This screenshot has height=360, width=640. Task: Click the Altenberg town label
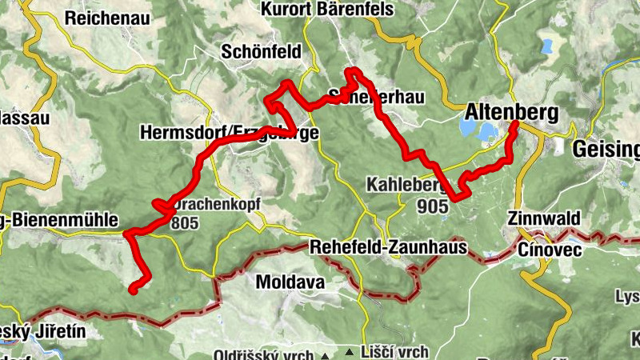(x=510, y=112)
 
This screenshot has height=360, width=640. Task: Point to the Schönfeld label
(x=262, y=52)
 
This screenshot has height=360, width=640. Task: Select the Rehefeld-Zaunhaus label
(x=389, y=248)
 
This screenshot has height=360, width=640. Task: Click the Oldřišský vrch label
(x=266, y=354)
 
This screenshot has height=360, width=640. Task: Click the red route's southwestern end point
(x=133, y=291)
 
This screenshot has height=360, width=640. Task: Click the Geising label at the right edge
(x=606, y=149)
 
